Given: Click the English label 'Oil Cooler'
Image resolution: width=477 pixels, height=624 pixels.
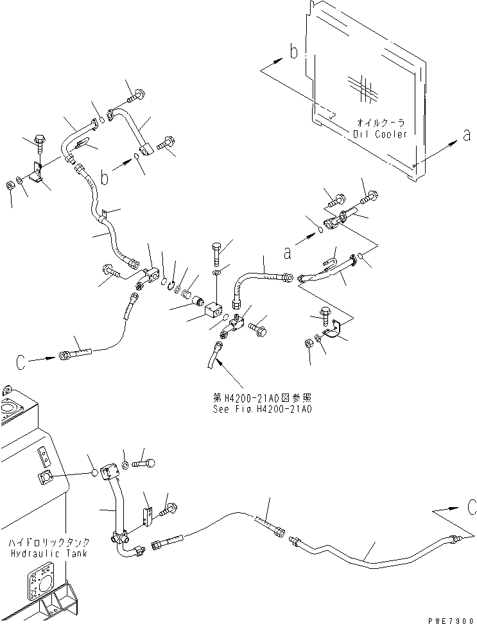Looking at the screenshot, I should (380, 134).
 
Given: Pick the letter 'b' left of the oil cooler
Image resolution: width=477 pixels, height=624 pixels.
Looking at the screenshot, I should (293, 52).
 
